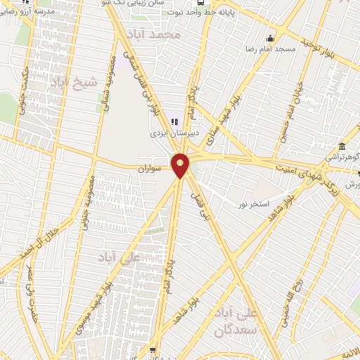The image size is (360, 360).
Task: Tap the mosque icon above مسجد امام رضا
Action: (269, 38)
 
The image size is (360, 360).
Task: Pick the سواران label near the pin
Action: (150, 169)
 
